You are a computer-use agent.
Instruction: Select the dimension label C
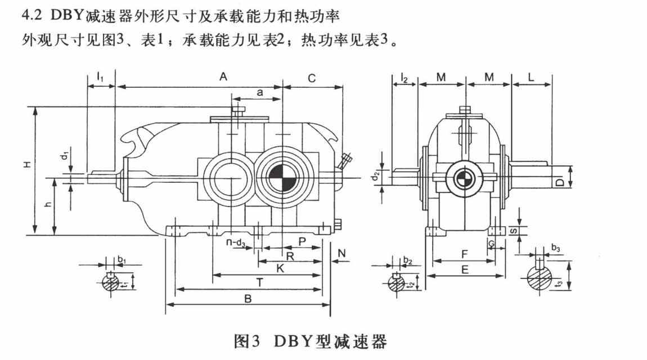pyautogui.click(x=311, y=78)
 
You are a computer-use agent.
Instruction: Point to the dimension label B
pyautogui.click(x=247, y=299)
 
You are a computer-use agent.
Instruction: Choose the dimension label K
pyautogui.click(x=280, y=269)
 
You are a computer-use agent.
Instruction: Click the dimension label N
pyautogui.click(x=342, y=254)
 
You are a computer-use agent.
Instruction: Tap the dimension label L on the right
pyautogui.click(x=531, y=78)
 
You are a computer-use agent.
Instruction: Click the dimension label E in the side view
pyautogui.click(x=465, y=270)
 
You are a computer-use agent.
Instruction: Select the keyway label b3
pyautogui.click(x=555, y=247)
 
